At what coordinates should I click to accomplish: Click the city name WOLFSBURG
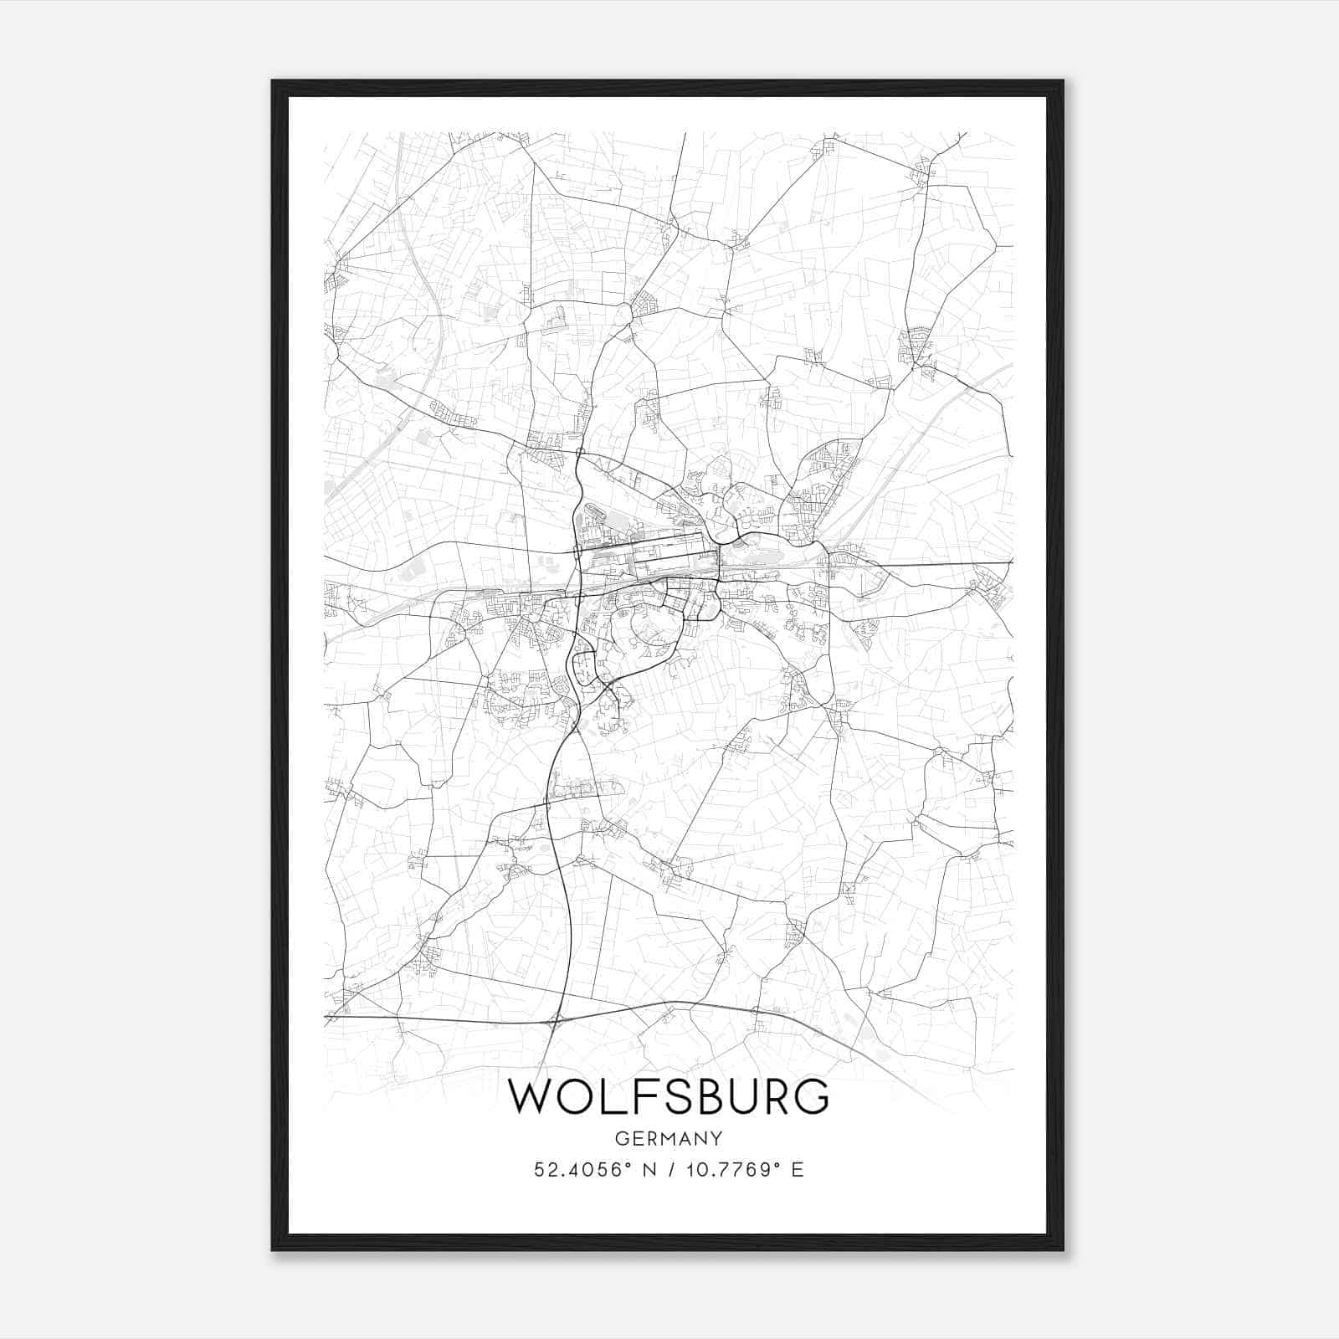(x=669, y=1096)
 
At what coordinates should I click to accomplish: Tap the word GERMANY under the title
(x=669, y=1138)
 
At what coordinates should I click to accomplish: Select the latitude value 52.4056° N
(x=591, y=1170)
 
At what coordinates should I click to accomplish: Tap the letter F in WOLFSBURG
(x=636, y=1096)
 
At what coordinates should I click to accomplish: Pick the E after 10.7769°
(x=798, y=1170)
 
